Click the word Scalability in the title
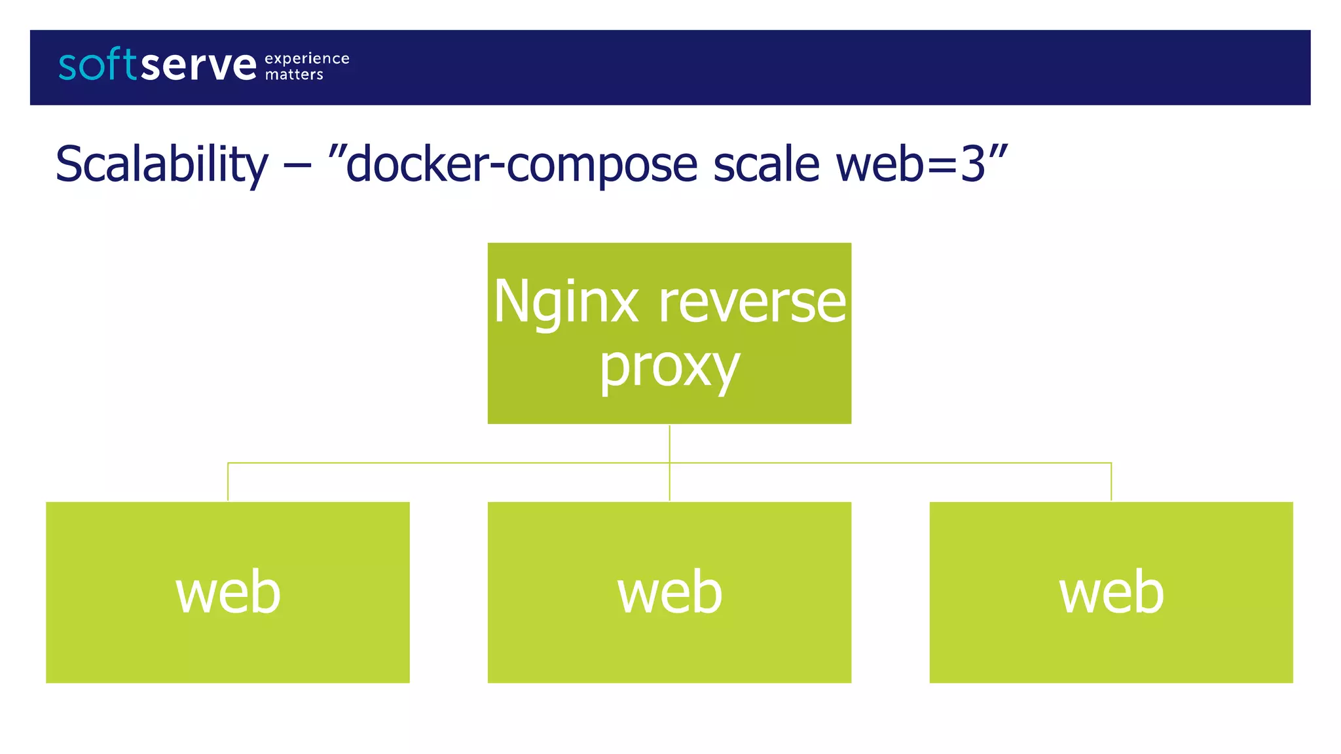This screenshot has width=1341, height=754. pos(162,164)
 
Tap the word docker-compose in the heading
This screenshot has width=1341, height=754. pos(521,164)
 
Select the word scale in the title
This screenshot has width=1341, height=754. pos(766,164)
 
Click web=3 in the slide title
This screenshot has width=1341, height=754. pos(910,164)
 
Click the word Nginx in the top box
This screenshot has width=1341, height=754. pos(566,302)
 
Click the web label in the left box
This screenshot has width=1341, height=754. pos(228,592)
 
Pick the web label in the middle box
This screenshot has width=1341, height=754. pos(669,592)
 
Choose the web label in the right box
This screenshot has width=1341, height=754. pos(1111,592)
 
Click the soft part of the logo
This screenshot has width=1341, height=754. pos(98,65)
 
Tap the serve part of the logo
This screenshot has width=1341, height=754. pos(198,65)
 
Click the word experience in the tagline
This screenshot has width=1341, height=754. pos(306,58)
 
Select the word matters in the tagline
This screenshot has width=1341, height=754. pos(294,75)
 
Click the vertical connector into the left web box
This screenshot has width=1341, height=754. pos(228,482)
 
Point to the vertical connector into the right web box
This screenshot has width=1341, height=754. pos(1111,482)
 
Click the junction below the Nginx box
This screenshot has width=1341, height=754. pos(669,463)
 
